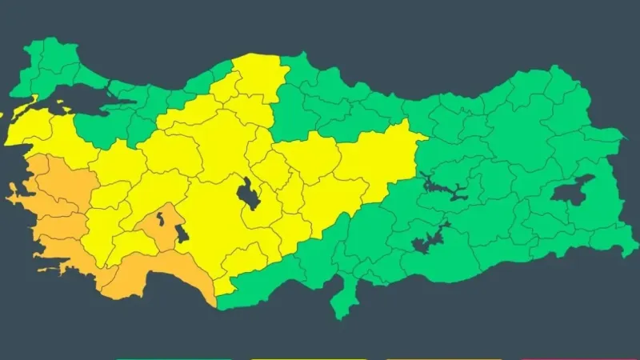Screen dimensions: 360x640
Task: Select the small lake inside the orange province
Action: [161, 218]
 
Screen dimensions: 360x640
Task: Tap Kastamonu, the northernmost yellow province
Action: [256, 76]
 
